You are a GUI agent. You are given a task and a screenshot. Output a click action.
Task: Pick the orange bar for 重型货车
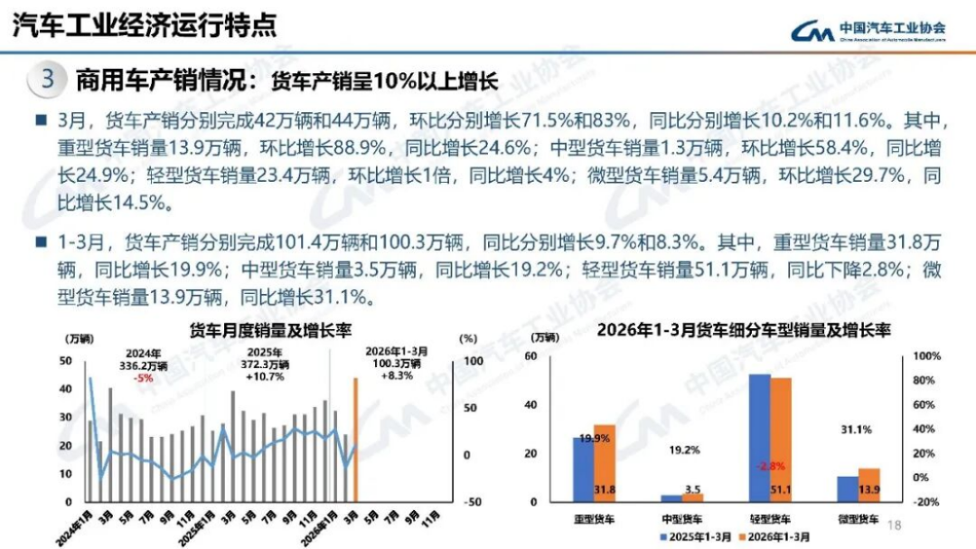coord(605,462)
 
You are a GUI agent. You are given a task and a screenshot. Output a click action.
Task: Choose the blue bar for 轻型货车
coord(760,437)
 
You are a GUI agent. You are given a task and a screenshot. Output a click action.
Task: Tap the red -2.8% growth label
coord(771,467)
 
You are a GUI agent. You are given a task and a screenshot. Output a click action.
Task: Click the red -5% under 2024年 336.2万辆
coord(143,379)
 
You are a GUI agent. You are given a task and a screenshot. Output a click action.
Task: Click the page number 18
coord(896,525)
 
